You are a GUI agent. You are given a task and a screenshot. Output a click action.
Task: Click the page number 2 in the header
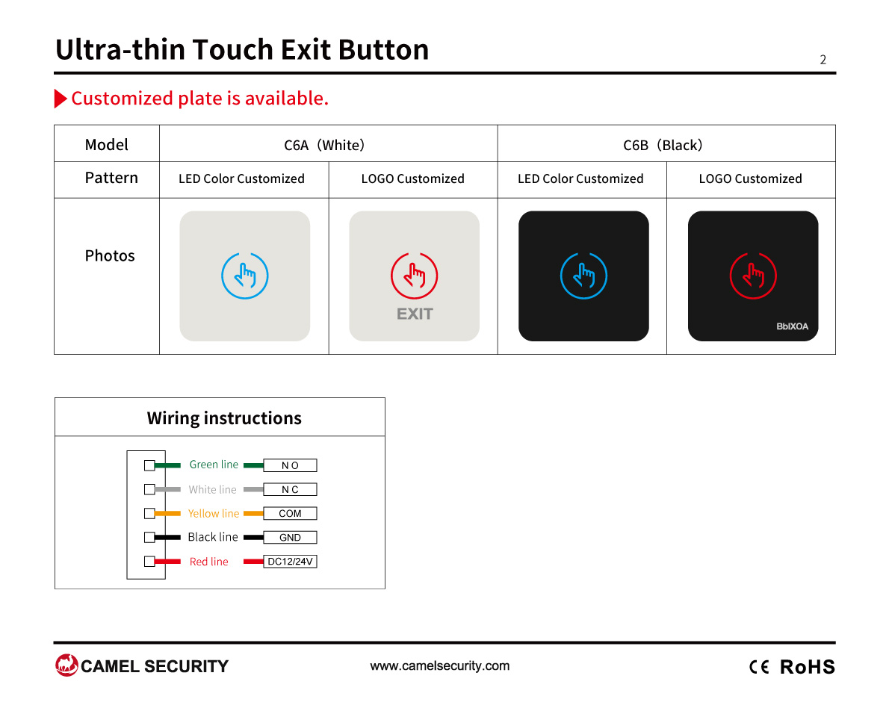(823, 60)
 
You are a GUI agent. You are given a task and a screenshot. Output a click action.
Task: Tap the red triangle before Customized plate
(60, 98)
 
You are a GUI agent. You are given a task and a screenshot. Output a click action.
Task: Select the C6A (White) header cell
(328, 143)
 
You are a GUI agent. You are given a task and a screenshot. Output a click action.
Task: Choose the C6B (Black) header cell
(666, 143)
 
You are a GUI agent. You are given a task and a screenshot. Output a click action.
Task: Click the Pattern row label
(111, 178)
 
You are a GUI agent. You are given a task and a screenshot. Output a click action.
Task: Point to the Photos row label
(109, 255)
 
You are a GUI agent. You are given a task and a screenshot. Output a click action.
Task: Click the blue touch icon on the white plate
(245, 276)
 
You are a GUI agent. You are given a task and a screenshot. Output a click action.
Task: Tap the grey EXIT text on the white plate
(415, 314)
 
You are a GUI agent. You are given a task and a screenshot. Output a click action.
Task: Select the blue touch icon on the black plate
(583, 276)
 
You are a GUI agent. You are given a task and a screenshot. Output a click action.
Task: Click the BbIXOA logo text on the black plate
(792, 326)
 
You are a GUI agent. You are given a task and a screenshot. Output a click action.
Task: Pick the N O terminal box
(290, 465)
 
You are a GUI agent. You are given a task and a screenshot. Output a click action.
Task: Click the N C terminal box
(290, 489)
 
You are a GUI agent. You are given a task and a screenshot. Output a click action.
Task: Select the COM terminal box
(290, 513)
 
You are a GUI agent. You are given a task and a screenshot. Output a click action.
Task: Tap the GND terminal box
(290, 537)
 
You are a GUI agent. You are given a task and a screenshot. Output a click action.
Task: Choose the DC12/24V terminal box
(290, 561)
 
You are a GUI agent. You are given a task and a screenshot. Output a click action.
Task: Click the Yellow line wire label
(213, 514)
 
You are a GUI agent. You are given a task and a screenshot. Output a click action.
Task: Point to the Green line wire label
(214, 465)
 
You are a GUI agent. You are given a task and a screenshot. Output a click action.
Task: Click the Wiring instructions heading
(224, 418)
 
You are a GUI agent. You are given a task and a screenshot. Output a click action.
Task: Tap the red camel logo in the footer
(66, 665)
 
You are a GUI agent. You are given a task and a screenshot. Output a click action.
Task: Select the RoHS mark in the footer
(808, 667)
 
